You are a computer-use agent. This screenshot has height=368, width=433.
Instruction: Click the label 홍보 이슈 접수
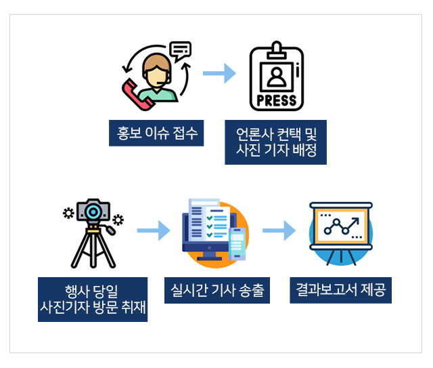point(156,133)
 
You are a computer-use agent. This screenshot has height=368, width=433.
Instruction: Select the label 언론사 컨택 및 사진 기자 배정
point(275,142)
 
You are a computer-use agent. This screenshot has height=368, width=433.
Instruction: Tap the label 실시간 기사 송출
point(217,290)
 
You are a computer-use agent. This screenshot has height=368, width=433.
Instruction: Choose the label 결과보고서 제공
point(340,290)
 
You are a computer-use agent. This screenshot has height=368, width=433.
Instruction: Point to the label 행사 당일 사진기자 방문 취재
point(93,300)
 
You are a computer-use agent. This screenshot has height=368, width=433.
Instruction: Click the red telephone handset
point(137,96)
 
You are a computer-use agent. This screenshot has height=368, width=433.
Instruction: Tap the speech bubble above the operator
point(181,51)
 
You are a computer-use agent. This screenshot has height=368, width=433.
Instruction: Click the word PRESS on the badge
point(277,101)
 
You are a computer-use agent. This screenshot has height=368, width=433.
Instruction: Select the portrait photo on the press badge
point(277,77)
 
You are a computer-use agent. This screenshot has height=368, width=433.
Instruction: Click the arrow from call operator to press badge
point(219,73)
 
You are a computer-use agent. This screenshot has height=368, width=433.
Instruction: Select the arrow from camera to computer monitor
point(154,230)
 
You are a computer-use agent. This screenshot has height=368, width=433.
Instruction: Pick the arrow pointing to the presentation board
point(279,230)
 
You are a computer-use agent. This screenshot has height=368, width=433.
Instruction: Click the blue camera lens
point(93,212)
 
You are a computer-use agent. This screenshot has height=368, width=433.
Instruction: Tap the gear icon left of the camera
point(68,213)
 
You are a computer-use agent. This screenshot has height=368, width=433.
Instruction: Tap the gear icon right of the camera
point(118,220)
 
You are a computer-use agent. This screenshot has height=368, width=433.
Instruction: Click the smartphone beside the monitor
point(237,244)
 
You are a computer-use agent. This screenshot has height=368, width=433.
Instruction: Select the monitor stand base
point(209,259)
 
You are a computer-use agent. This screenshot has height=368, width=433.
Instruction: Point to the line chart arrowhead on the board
point(357,220)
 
